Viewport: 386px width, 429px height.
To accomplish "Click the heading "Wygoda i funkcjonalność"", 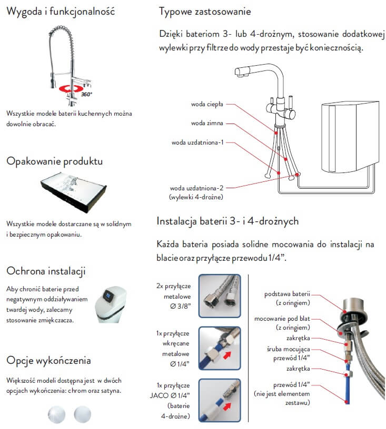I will click(x=61, y=12).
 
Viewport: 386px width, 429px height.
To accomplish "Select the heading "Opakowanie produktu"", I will click(x=54, y=161).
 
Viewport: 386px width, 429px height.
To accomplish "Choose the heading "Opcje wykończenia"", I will click(x=48, y=360).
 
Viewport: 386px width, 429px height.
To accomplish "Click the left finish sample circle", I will click(x=56, y=414).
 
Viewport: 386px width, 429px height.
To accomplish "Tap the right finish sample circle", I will click(x=83, y=414).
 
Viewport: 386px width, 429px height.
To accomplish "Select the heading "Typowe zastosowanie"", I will click(x=205, y=12).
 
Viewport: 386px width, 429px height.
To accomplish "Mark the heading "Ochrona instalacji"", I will click(x=46, y=271).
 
